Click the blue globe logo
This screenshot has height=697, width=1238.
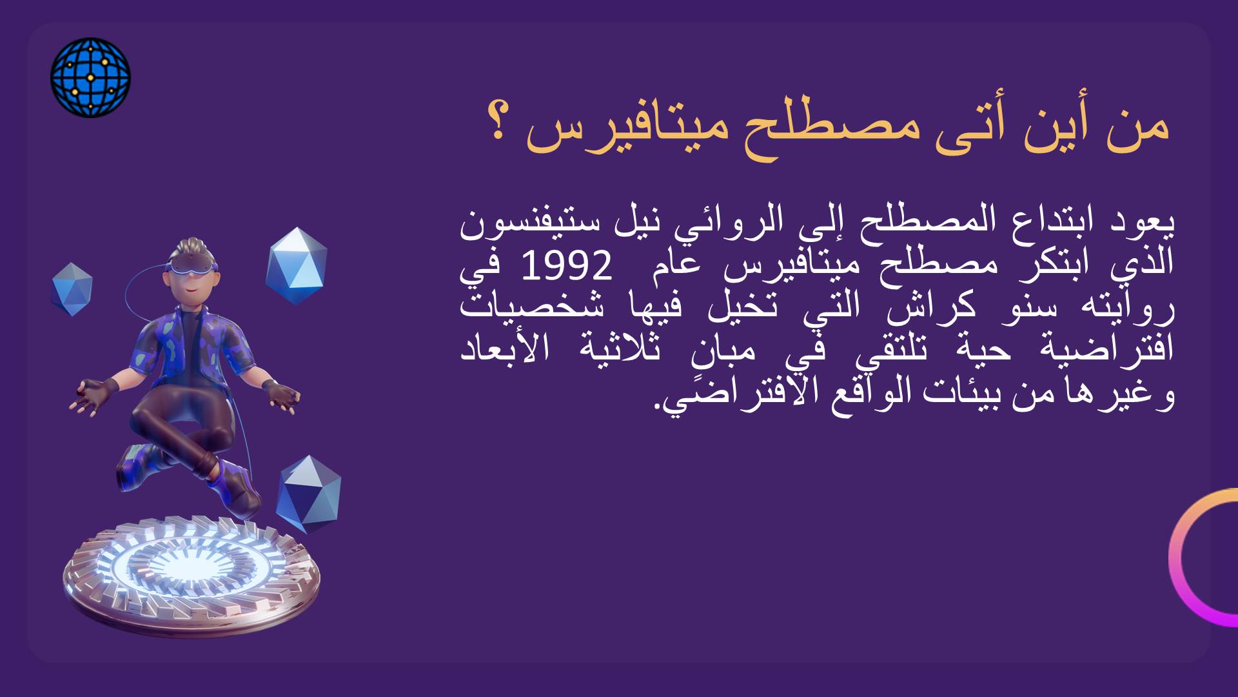(x=90, y=77)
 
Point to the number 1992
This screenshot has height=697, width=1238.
(x=566, y=267)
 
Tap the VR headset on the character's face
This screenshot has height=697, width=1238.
(x=192, y=267)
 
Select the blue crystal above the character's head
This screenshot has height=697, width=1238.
(x=296, y=265)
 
